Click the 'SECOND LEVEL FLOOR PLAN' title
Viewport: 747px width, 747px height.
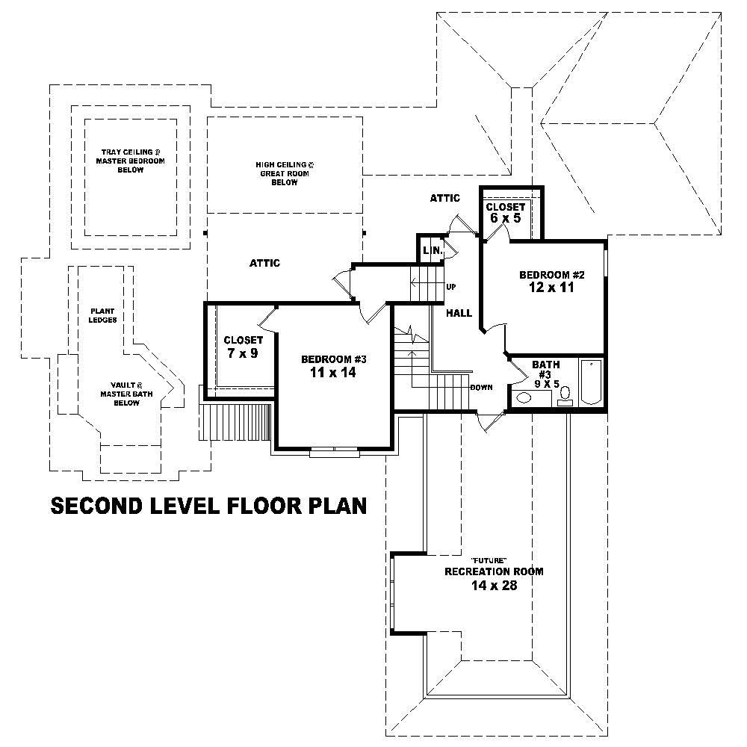pyautogui.click(x=208, y=506)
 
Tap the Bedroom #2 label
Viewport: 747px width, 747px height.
pyautogui.click(x=552, y=275)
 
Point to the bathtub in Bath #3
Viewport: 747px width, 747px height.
pyautogui.click(x=591, y=382)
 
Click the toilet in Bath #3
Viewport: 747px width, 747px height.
pyautogui.click(x=565, y=394)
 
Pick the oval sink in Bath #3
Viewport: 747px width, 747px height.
pyautogui.click(x=524, y=398)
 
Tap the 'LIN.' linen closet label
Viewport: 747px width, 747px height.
pyautogui.click(x=432, y=250)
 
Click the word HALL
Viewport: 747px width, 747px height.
pyautogui.click(x=459, y=313)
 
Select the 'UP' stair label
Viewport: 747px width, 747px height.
pyautogui.click(x=451, y=287)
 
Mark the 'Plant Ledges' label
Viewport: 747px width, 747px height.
pyautogui.click(x=103, y=315)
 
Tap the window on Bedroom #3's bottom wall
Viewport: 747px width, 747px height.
pyautogui.click(x=334, y=450)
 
